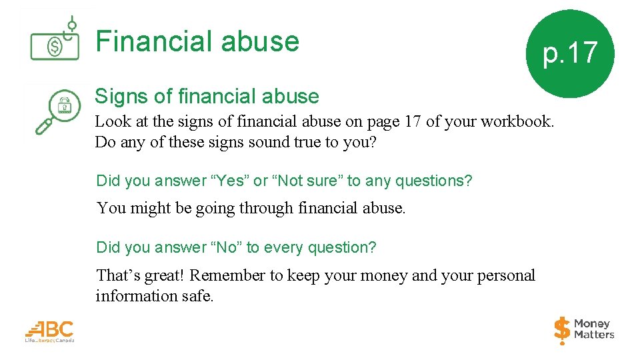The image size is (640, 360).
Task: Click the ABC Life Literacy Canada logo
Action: (50, 331)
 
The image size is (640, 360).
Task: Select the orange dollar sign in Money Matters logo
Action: (562, 329)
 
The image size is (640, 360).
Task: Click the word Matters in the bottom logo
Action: (595, 335)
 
